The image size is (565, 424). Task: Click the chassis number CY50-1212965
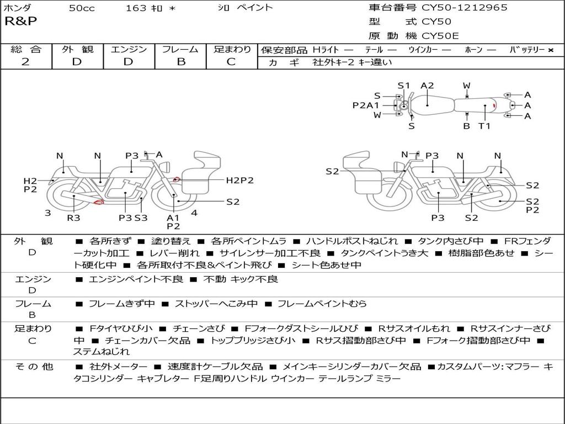[x=465, y=8]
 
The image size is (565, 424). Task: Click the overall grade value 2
[x=25, y=62]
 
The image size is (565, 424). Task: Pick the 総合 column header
[x=25, y=50]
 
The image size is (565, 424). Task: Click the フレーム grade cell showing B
[x=180, y=62]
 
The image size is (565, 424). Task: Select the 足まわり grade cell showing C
[x=232, y=62]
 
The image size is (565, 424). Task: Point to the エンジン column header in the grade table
[x=129, y=50]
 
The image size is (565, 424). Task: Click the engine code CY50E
[x=440, y=36]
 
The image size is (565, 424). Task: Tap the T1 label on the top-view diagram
[x=484, y=125]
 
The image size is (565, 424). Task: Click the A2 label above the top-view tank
[x=427, y=86]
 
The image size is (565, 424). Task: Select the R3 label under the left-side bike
[x=73, y=218]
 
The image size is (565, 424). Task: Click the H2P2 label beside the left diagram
[x=239, y=180]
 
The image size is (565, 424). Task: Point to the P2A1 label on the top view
[x=366, y=105]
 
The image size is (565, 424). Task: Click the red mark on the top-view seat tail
[x=494, y=104]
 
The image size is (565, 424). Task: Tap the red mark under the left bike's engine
[x=99, y=203]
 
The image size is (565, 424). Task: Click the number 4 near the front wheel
[x=194, y=213]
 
